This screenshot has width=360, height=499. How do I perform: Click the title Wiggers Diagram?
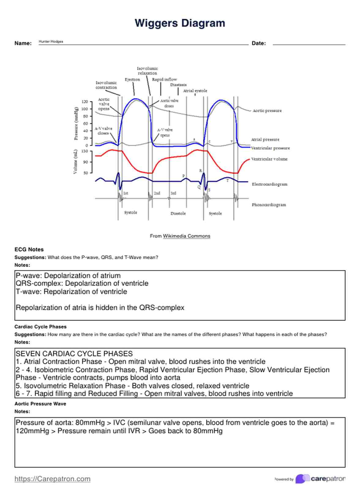[180, 23]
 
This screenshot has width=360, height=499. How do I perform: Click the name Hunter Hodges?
[51, 41]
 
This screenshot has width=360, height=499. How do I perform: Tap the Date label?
[258, 43]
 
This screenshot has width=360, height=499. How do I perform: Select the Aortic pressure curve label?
[267, 111]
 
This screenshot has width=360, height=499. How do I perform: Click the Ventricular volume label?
[269, 159]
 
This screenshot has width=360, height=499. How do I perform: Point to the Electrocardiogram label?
[269, 184]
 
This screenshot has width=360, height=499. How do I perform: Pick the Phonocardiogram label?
[269, 204]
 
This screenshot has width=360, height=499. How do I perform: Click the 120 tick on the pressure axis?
[84, 102]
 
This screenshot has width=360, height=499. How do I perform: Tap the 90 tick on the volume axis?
[85, 162]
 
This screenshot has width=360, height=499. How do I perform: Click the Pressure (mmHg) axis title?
[76, 123]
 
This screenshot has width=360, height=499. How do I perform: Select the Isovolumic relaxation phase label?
[147, 71]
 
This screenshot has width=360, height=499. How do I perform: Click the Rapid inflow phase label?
[164, 79]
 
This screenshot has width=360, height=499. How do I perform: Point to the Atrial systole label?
[195, 91]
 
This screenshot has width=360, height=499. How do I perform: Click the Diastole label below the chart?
[178, 213]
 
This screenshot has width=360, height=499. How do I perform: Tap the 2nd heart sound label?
[157, 193]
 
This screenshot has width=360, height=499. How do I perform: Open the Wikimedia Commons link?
[186, 236]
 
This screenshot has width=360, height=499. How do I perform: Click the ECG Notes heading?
[29, 249]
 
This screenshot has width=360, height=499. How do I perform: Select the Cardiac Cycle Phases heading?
[40, 326]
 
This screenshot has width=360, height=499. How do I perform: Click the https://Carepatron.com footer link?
[52, 478]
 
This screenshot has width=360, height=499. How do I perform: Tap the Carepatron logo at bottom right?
[320, 478]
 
